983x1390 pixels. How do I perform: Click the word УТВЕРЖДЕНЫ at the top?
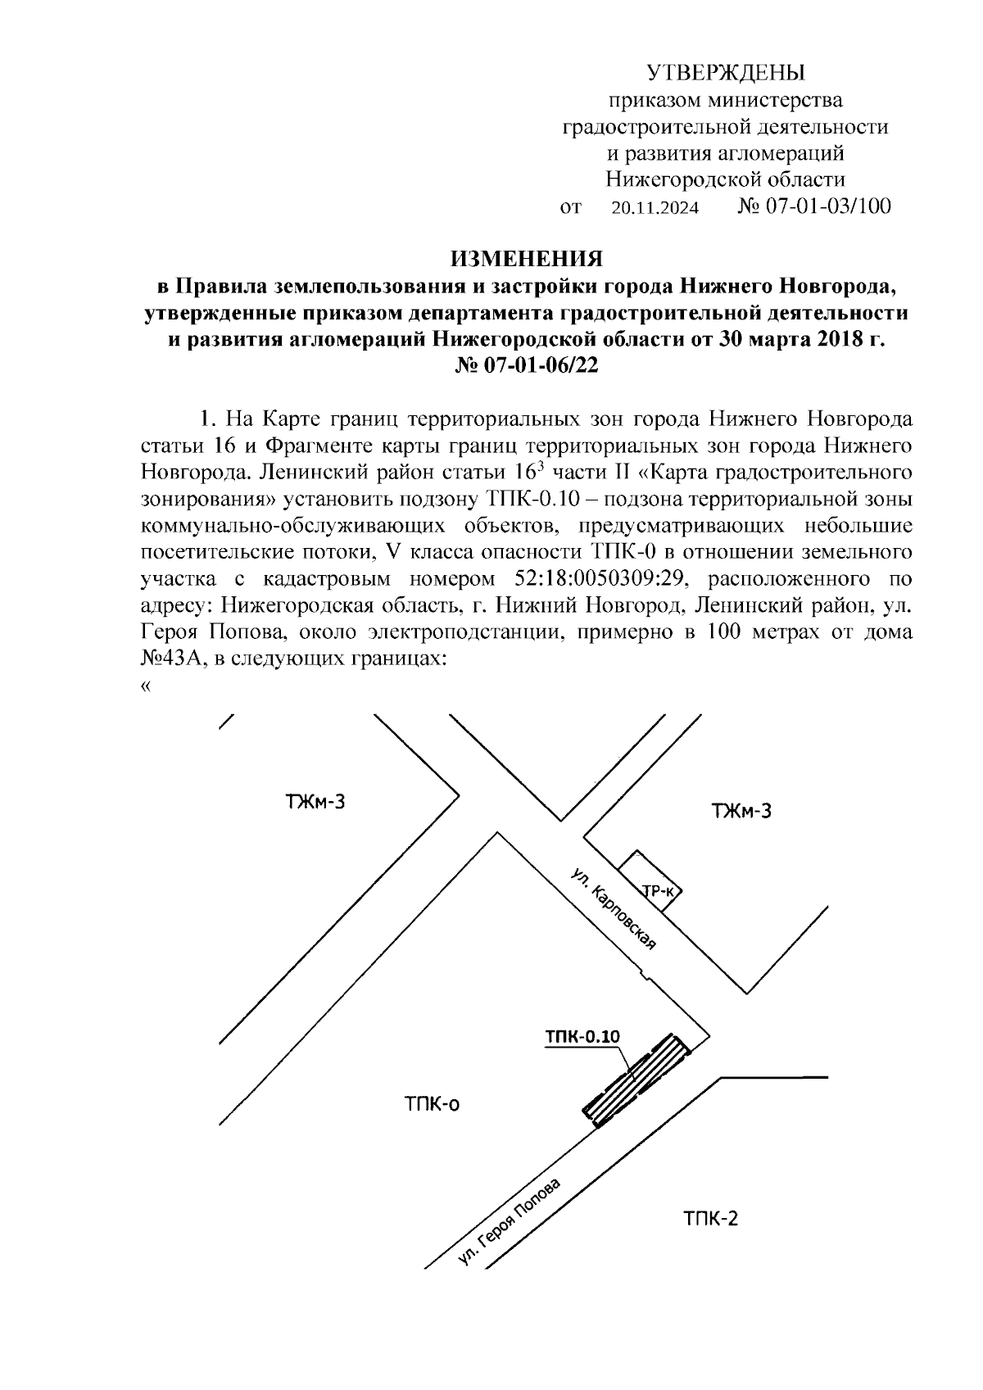[x=726, y=74]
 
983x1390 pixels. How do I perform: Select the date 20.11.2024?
[x=655, y=208]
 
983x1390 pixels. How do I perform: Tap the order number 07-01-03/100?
[x=827, y=206]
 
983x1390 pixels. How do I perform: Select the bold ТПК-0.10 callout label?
[x=582, y=1036]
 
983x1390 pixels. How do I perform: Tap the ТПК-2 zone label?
[x=710, y=1219]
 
